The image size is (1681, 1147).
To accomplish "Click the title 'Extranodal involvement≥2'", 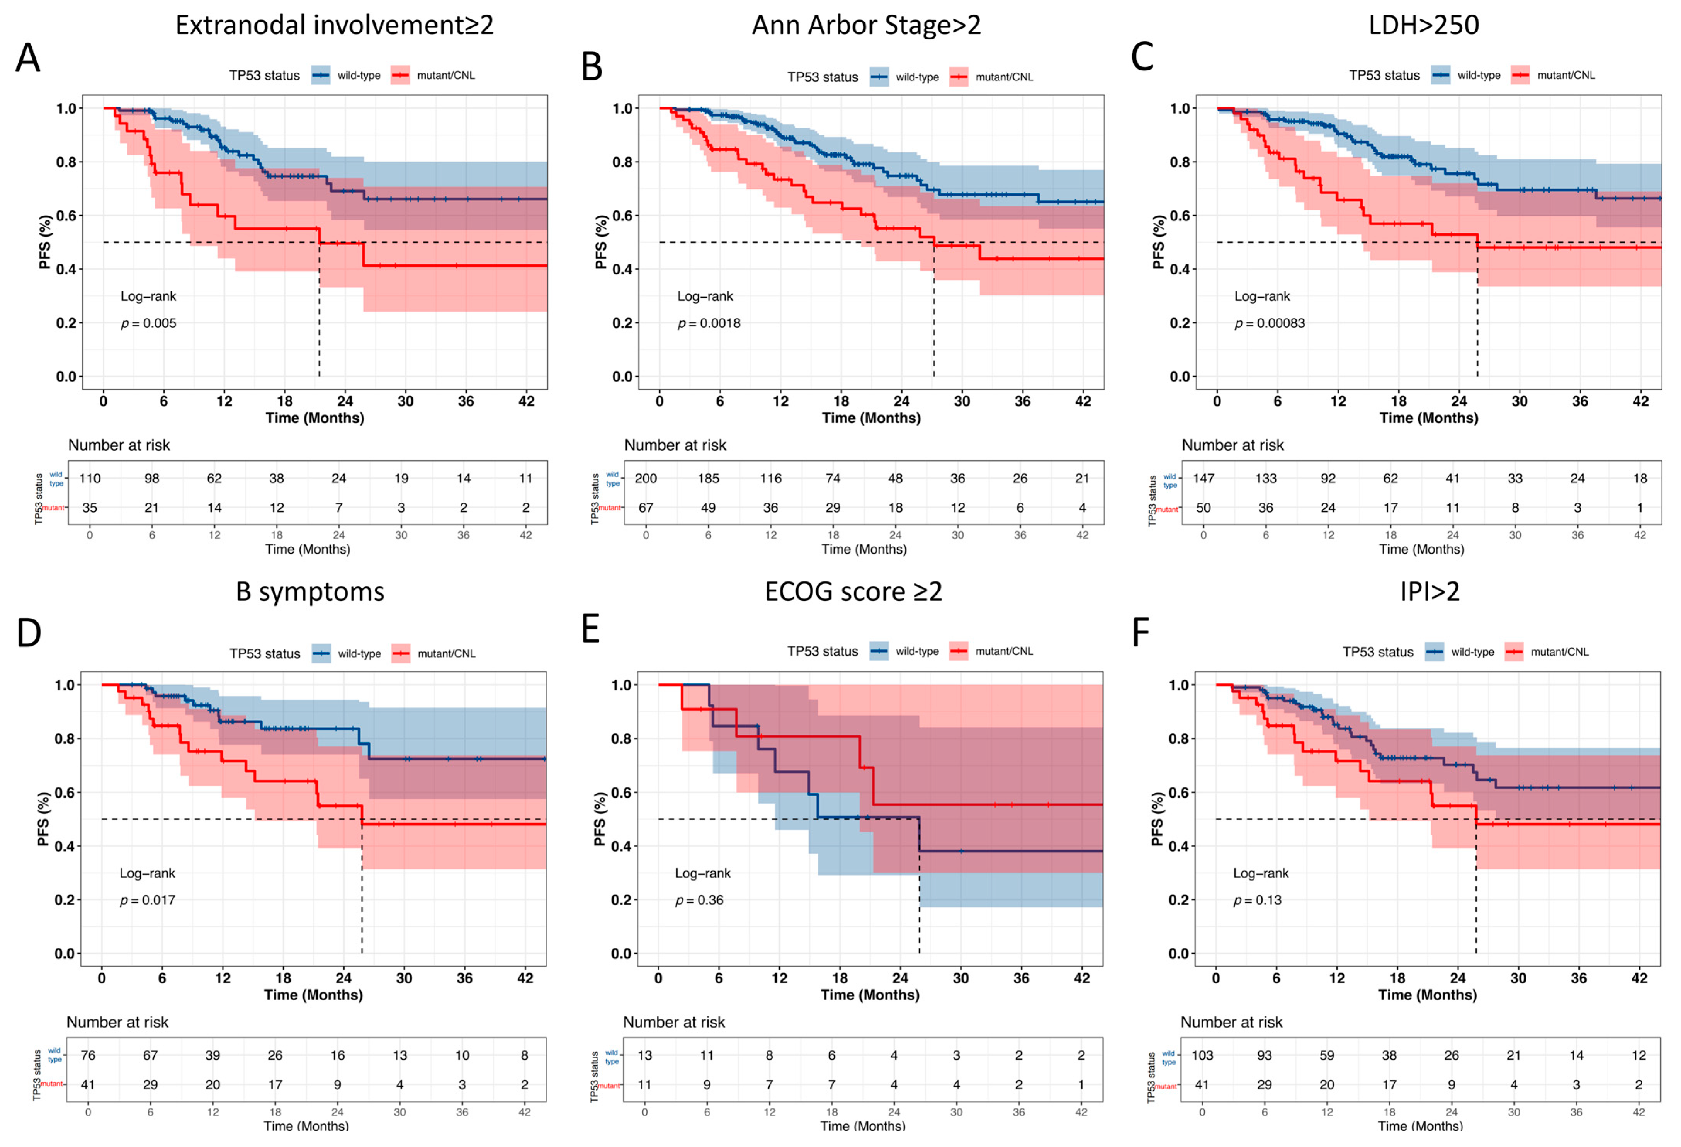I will point(334,26).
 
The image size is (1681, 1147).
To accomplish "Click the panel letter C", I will point(1142,57).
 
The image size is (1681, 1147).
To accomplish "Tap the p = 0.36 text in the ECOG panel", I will point(699,900).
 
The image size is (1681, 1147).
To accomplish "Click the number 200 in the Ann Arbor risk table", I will point(646,478).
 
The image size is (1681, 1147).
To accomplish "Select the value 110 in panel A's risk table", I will point(90,478).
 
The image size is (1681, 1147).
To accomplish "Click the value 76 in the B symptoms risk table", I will point(88,1055).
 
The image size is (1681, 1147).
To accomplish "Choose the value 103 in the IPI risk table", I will point(1202,1055).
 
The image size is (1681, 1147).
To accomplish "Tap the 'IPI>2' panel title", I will point(1429,592).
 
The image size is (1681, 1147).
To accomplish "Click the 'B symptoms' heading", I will point(310,592).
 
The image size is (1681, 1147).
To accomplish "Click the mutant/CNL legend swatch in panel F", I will point(1514,652).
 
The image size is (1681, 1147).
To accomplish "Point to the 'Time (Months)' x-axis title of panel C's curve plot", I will point(1429,418).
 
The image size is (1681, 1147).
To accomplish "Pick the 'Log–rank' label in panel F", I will point(1261,873).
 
